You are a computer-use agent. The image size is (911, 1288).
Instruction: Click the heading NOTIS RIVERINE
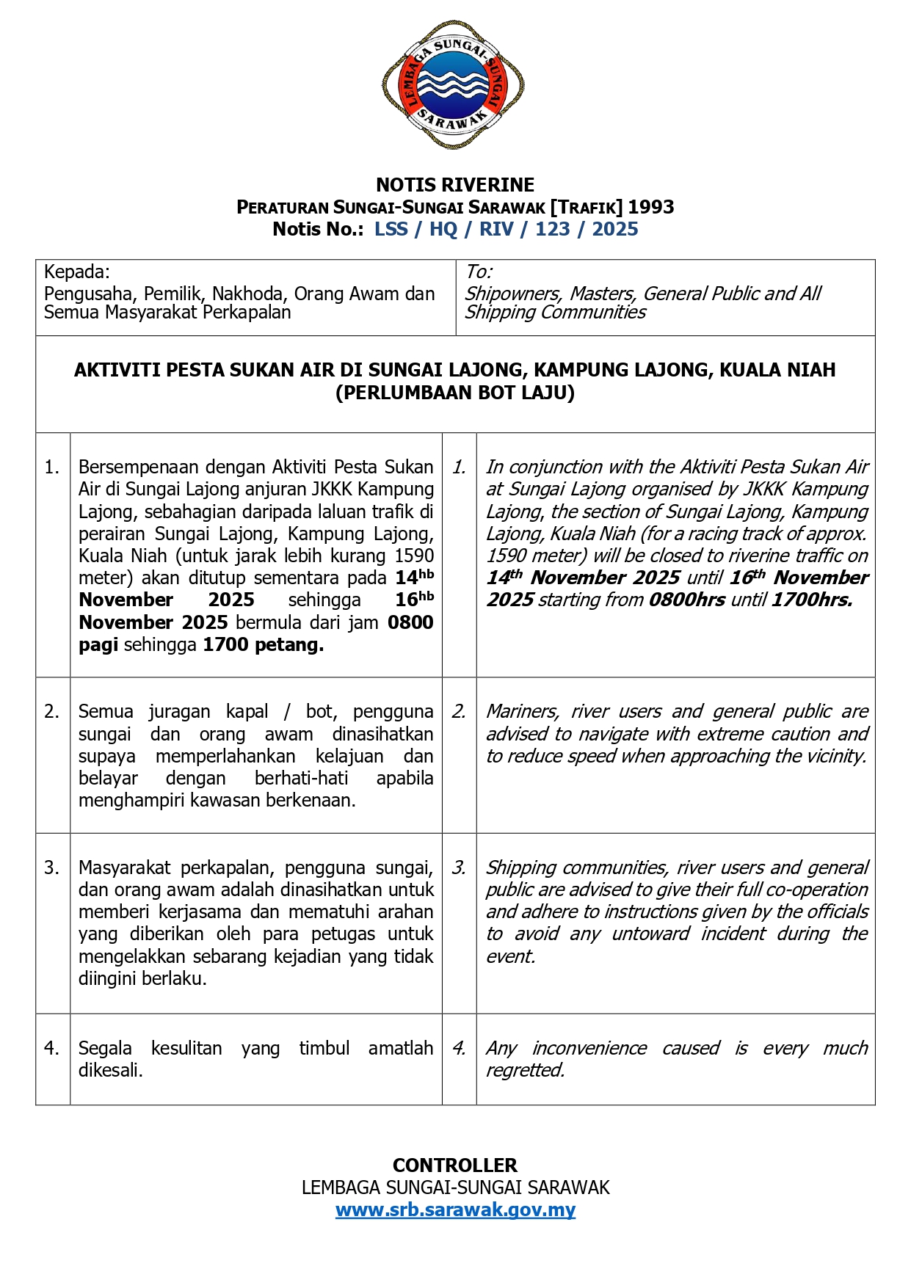[455, 185]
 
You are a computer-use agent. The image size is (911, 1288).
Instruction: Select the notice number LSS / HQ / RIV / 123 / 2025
[506, 230]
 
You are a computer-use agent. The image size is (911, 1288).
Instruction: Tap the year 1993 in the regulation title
[650, 207]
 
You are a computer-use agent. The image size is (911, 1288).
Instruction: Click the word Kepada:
[77, 272]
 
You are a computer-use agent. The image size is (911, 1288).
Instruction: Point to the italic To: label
[479, 272]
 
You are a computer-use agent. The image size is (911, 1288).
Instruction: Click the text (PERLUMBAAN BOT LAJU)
[455, 393]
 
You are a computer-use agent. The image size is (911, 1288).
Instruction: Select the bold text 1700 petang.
[263, 645]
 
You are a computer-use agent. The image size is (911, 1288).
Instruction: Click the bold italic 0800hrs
[687, 600]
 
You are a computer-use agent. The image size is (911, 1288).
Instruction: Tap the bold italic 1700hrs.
[812, 600]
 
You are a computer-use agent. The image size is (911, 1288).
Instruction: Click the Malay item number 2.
[51, 711]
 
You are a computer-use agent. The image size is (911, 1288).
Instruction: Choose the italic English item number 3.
[459, 867]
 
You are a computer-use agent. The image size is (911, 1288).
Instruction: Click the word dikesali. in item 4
[111, 1070]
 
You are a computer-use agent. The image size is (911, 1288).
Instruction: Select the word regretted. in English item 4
[526, 1070]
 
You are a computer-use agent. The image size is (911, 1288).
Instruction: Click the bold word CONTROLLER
[455, 1165]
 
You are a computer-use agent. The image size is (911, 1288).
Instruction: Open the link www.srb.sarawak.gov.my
[455, 1210]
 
